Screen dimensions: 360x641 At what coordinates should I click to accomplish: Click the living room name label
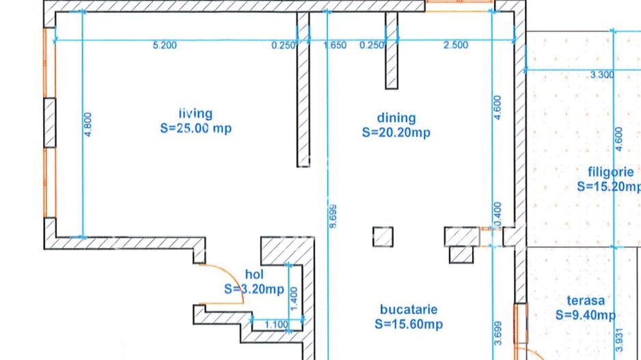195,114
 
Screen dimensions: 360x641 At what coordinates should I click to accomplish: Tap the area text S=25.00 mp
195,128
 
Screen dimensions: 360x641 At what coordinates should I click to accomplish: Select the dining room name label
396,118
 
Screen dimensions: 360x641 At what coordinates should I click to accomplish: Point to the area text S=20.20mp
396,133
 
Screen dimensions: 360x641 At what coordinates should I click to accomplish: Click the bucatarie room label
409,310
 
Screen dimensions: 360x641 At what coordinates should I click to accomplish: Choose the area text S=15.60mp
409,324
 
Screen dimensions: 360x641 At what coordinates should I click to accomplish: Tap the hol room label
254,275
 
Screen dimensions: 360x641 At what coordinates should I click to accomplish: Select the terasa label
585,301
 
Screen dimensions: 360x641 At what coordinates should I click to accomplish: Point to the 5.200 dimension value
165,46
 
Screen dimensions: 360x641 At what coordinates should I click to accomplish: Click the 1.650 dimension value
335,46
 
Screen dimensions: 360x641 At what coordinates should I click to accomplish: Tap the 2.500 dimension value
456,46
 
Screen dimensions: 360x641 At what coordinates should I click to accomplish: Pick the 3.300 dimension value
601,75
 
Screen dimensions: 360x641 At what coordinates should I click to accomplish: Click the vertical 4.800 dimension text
87,125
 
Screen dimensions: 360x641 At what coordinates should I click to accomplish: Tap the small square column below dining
383,236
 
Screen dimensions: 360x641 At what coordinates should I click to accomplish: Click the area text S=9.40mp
585,315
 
